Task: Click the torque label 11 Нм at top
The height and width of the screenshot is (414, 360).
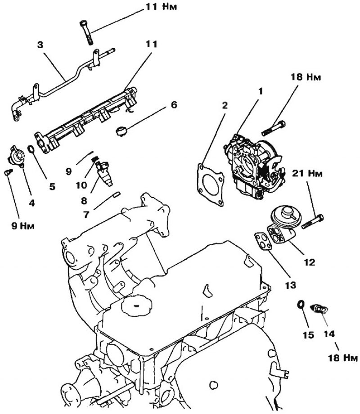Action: [161, 6]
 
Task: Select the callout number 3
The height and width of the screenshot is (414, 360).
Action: [40, 45]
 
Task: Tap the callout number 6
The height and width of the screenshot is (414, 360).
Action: [174, 105]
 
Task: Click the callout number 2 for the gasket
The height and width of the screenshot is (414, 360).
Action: [225, 105]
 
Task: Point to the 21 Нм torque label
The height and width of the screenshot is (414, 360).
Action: [307, 173]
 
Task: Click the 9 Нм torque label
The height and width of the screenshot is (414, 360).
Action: [22, 226]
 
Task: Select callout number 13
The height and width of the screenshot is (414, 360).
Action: [290, 285]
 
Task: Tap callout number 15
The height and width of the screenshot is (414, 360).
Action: [308, 335]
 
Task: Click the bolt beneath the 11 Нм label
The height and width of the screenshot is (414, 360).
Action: [86, 33]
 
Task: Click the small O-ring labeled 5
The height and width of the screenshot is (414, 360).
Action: [31, 149]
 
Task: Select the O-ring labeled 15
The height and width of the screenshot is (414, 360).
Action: [301, 304]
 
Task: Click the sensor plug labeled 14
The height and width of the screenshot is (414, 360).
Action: [319, 308]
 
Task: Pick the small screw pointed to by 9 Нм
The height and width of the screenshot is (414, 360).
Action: [8, 172]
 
